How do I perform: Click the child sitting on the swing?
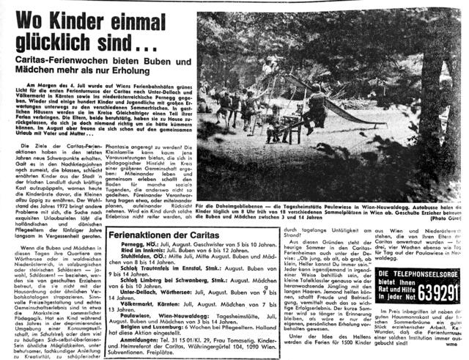pos(274,132)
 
